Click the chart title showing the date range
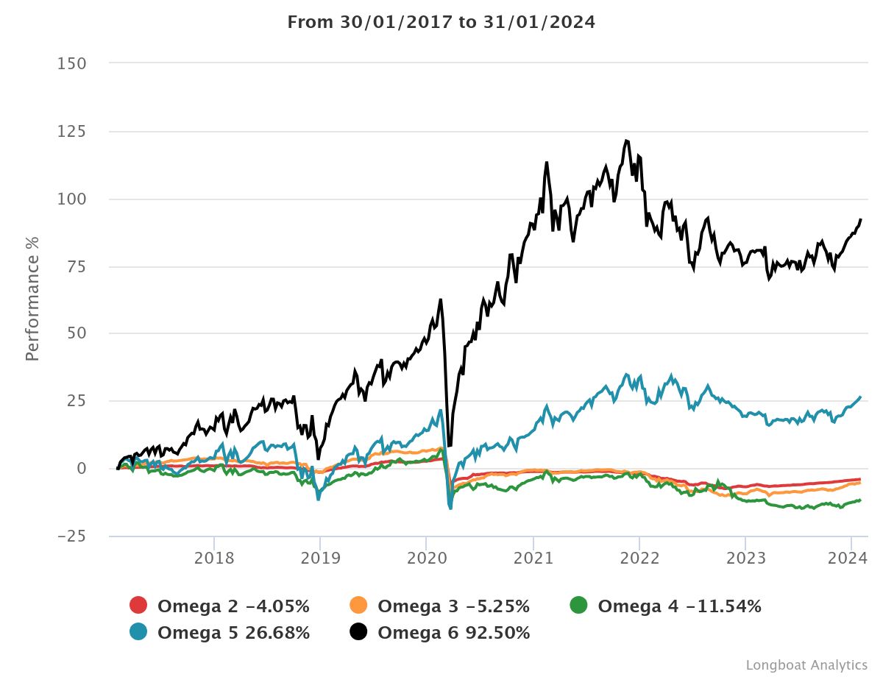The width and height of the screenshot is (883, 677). pyautogui.click(x=441, y=22)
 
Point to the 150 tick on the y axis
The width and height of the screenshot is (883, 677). pyautogui.click(x=71, y=64)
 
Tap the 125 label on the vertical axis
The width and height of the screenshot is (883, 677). pyautogui.click(x=71, y=132)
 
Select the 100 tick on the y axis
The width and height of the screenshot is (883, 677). pyautogui.click(x=71, y=199)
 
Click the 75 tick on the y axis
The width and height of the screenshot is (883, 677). pyautogui.click(x=76, y=266)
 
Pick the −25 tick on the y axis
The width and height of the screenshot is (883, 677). pyautogui.click(x=71, y=536)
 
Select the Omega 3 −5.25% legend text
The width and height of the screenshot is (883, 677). pyautogui.click(x=453, y=606)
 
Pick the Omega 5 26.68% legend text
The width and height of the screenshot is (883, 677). pyautogui.click(x=233, y=633)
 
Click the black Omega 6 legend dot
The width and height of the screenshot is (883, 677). pyautogui.click(x=359, y=632)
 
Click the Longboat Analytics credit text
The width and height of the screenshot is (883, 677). pyautogui.click(x=806, y=664)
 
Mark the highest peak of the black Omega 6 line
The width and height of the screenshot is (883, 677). pyautogui.click(x=626, y=140)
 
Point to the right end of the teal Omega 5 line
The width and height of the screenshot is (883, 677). pyautogui.click(x=860, y=397)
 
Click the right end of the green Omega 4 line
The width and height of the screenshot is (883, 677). pyautogui.click(x=860, y=500)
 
